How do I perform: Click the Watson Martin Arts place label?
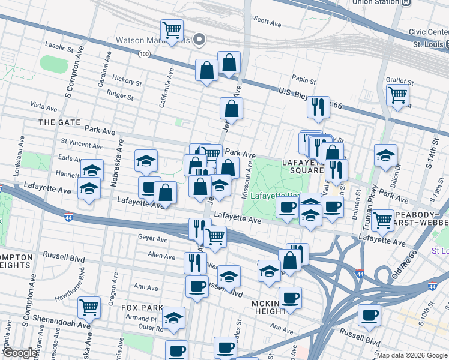click(154, 40)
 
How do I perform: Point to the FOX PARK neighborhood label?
click(142, 307)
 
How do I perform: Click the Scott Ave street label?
click(267, 23)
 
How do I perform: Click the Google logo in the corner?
click(20, 353)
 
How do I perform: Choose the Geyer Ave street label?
click(153, 238)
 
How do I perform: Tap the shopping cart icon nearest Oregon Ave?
click(89, 307)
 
